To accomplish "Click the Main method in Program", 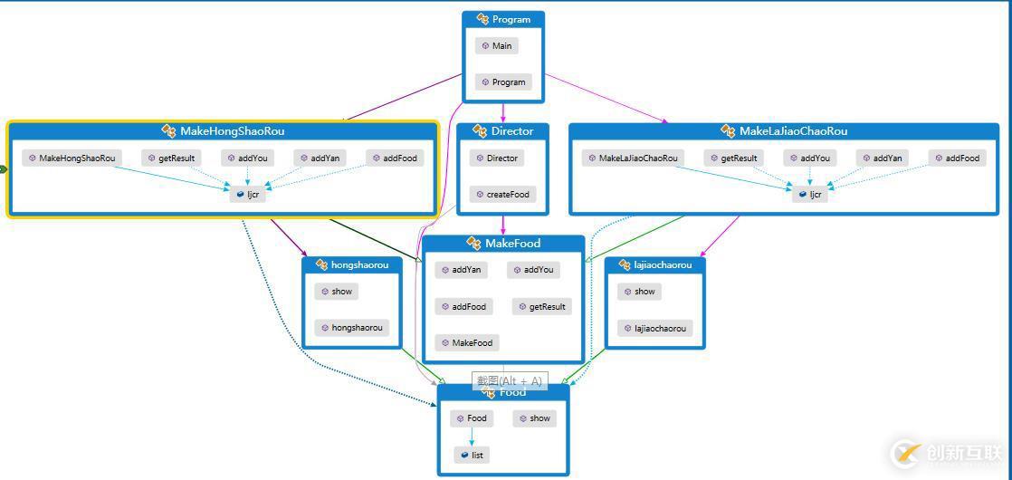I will (496, 45).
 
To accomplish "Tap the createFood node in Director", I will (502, 194).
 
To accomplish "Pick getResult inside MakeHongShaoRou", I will (171, 158).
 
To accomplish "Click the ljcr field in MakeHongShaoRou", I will (248, 194).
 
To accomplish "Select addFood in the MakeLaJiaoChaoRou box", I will (957, 158).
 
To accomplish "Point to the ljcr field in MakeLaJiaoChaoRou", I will (810, 194).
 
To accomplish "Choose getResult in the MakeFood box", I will (541, 306).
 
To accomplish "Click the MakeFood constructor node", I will (466, 342).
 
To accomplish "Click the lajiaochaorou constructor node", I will (654, 328).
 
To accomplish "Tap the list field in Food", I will (472, 455).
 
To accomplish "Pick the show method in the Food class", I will (534, 418).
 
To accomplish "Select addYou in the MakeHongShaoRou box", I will (247, 158).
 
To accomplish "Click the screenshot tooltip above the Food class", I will (509, 380).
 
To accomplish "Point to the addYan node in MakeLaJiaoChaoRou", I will (882, 158).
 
